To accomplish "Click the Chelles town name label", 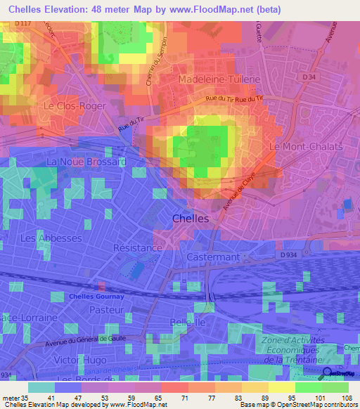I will click(190, 219).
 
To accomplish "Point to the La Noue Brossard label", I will click(85, 162).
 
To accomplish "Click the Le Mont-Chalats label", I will click(305, 147).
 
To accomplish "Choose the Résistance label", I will click(138, 248).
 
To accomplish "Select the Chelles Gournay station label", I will click(96, 297).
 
